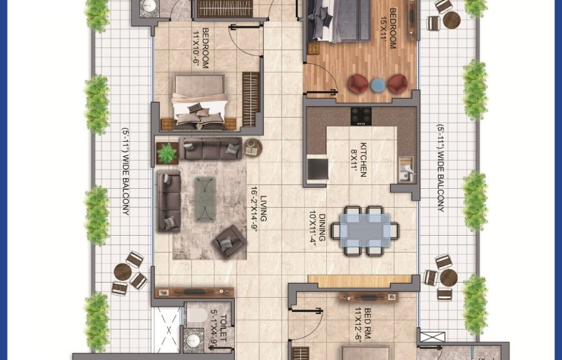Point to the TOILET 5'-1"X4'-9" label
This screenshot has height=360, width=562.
pyautogui.click(x=219, y=328)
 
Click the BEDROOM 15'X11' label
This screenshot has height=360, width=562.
pyautogui.click(x=389, y=28)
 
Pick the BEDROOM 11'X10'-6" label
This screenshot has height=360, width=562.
pyautogui.click(x=201, y=49)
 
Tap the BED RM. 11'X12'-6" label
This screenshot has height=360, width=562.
pyautogui.click(x=363, y=324)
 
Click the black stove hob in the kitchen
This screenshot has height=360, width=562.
pyautogui.click(x=361, y=116)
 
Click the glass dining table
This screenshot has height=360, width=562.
pyautogui.click(x=365, y=230)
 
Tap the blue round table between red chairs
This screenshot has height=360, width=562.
pyautogui.click(x=378, y=85)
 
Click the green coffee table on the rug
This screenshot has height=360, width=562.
pyautogui.click(x=205, y=199)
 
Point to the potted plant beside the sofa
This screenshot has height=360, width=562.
pyautogui.click(x=167, y=153)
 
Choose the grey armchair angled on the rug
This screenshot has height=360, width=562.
pyautogui.click(x=230, y=242)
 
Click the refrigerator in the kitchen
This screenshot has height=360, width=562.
pyautogui.click(x=318, y=169)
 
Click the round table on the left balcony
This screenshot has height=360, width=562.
pyautogui.click(x=123, y=272)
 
